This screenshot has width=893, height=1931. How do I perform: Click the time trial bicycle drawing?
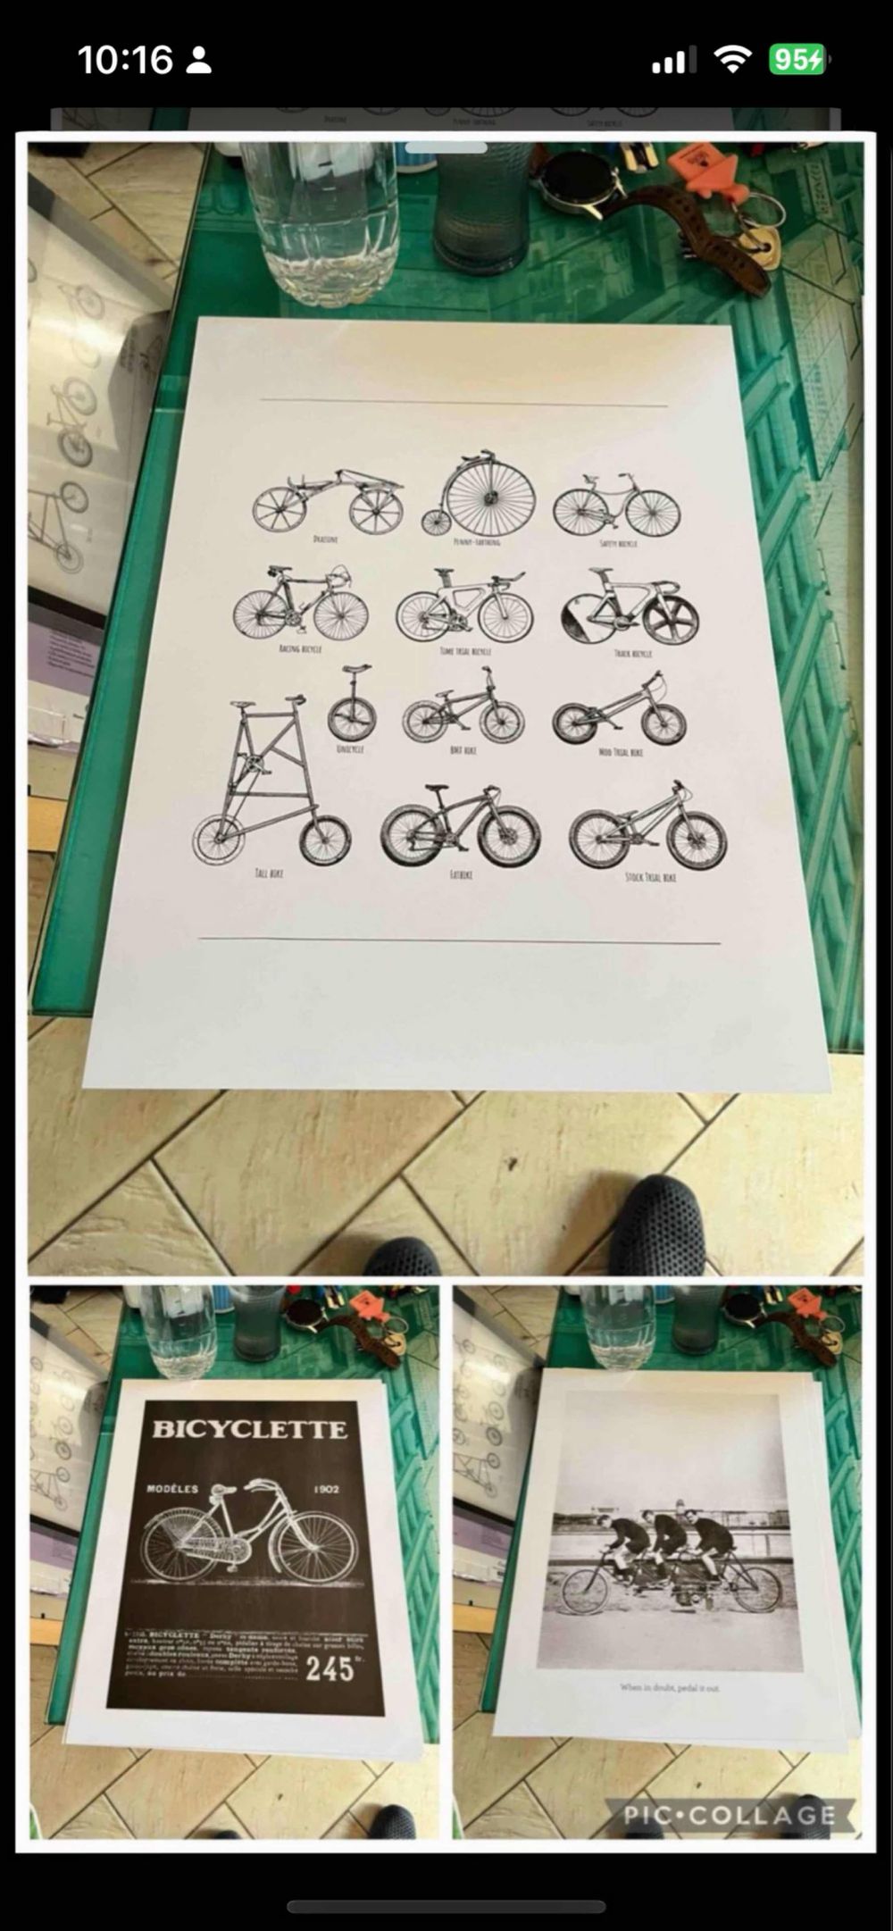tap(464, 607)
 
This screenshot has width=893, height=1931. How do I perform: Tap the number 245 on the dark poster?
tap(329, 1668)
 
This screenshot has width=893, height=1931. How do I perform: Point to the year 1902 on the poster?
tap(326, 1489)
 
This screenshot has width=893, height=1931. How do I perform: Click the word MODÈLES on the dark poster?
tap(172, 1489)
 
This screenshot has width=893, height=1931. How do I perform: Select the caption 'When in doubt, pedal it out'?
tap(670, 1687)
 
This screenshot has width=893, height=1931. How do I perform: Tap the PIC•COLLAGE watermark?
tap(729, 1814)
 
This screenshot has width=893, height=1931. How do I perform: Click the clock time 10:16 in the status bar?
tap(125, 60)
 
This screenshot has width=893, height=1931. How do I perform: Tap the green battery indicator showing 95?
tap(797, 60)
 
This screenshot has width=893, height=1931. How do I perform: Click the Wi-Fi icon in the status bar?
tap(732, 60)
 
